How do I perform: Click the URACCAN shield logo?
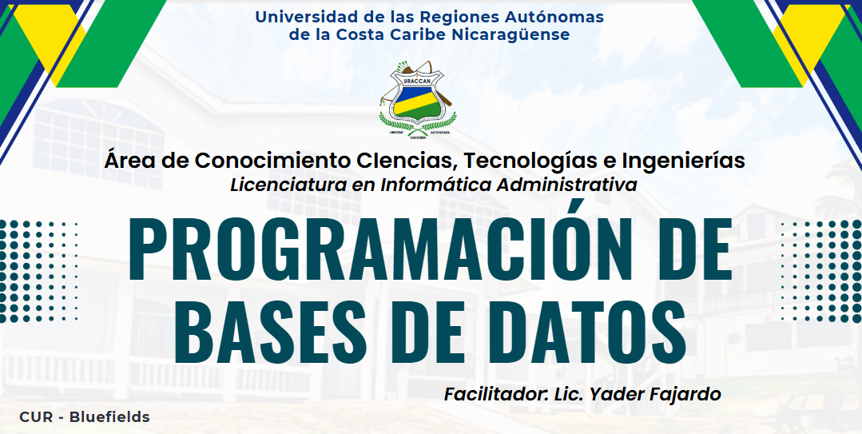[x=417, y=98]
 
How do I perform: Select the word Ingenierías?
[x=683, y=161]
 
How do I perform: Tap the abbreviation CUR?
[x=36, y=417]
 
